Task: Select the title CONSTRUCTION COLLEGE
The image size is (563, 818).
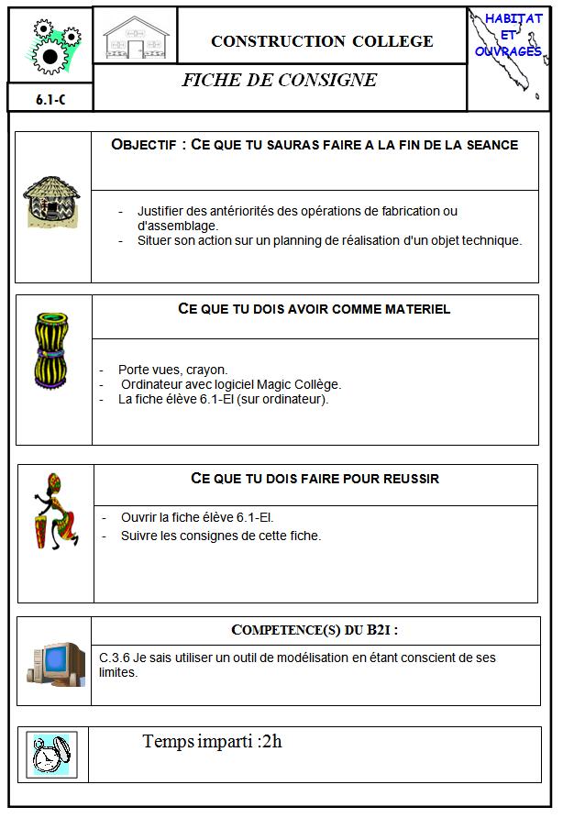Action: click(x=322, y=41)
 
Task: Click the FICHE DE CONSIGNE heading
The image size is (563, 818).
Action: click(x=279, y=80)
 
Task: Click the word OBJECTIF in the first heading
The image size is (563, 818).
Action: click(x=149, y=145)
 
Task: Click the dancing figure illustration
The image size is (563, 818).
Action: click(x=55, y=511)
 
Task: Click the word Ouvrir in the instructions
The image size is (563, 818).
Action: click(x=138, y=518)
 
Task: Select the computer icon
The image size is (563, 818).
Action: click(x=54, y=662)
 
